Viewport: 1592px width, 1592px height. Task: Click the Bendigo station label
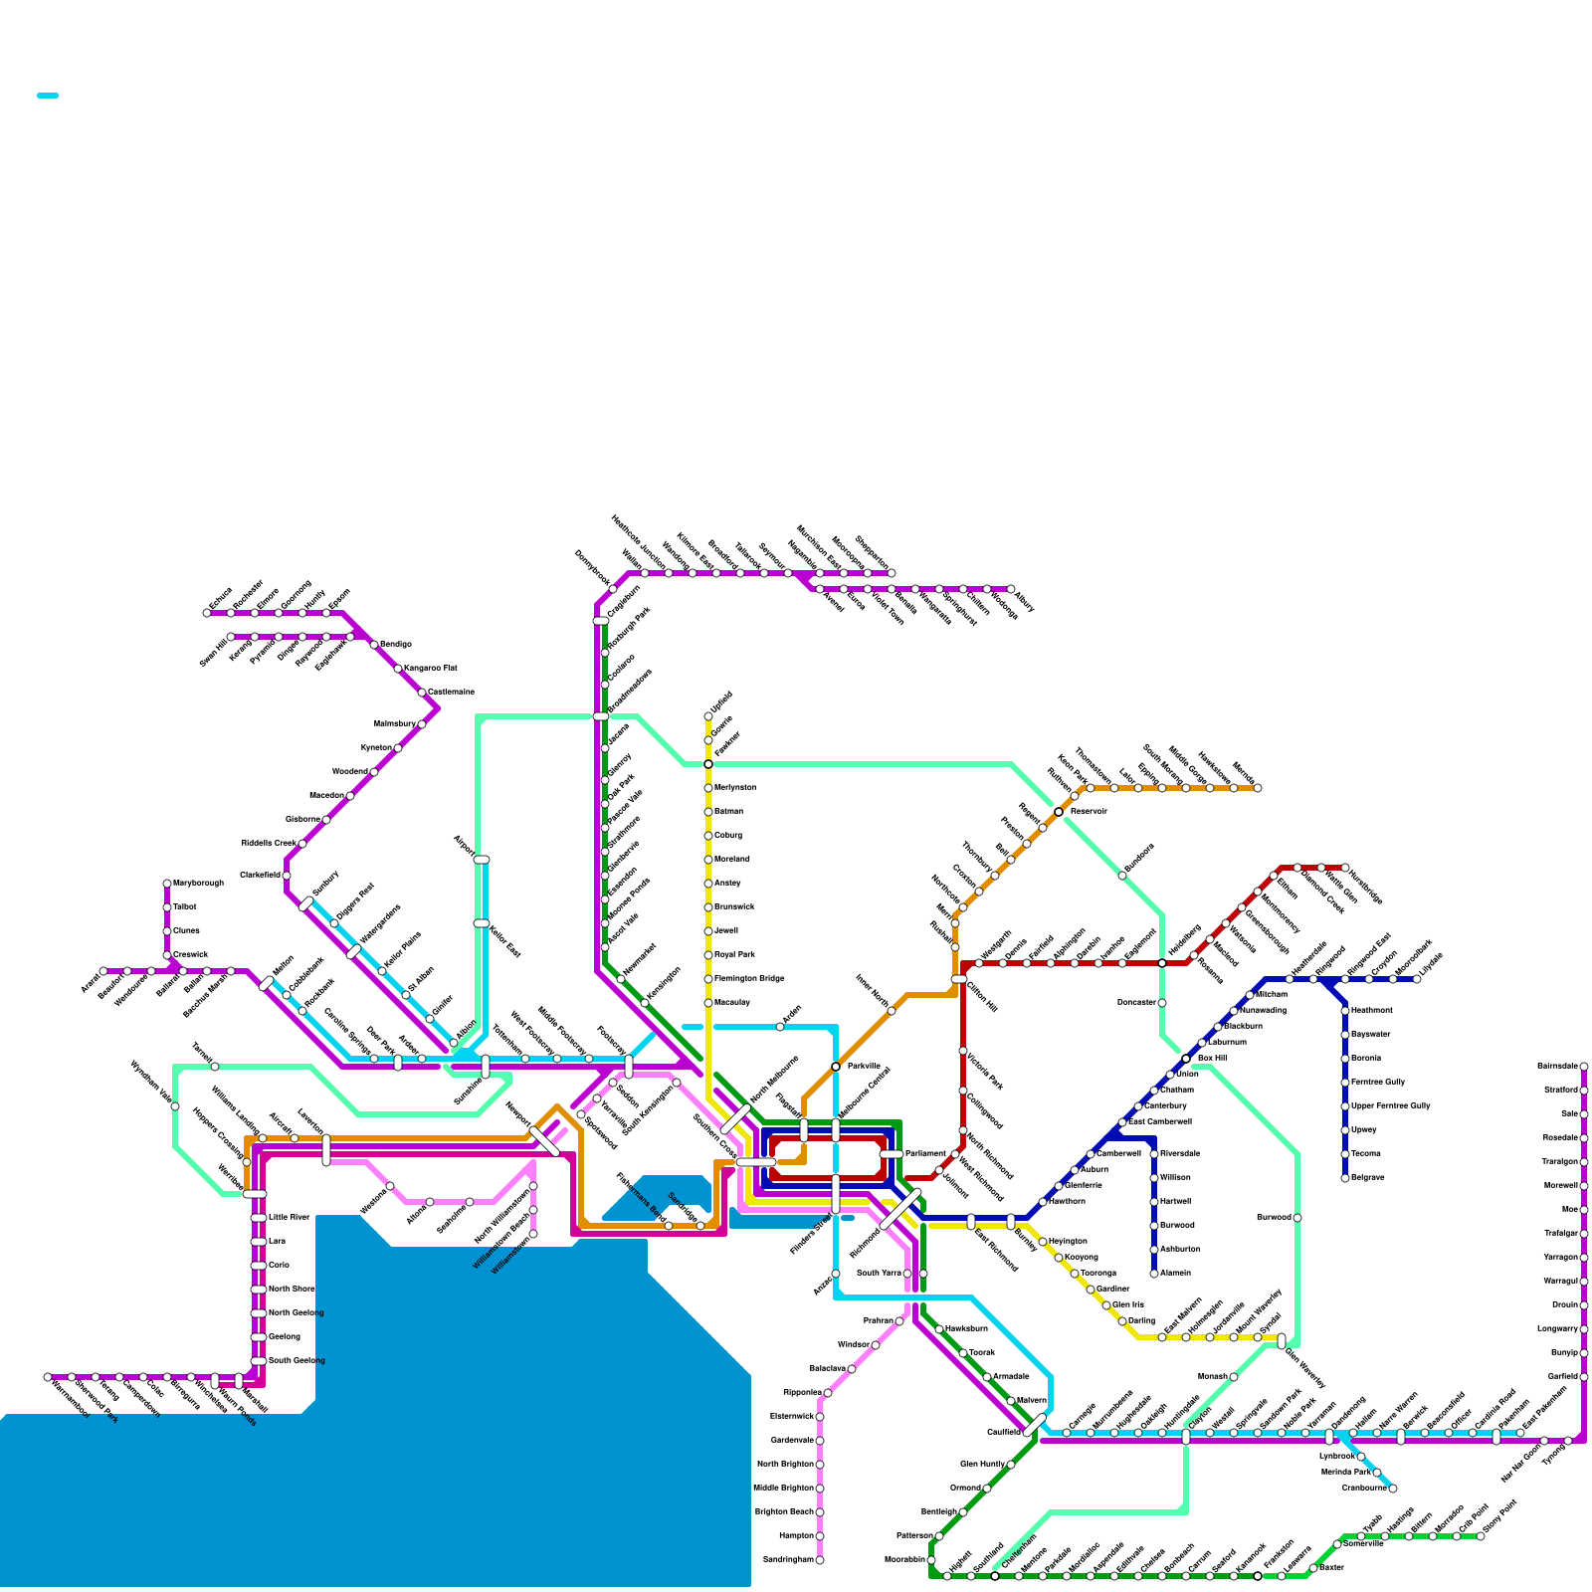(396, 645)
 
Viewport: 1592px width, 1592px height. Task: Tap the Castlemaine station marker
(422, 693)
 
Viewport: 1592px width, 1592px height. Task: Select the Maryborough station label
(198, 884)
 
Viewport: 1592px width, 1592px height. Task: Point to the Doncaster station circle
(1162, 1003)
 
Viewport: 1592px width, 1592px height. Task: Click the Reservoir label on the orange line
(1089, 812)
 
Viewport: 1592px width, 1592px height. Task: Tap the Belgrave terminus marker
(1345, 1178)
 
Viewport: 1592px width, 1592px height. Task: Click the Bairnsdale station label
(1557, 1067)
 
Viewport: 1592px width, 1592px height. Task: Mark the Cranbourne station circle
(1393, 1489)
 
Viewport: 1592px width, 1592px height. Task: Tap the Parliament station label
(925, 1154)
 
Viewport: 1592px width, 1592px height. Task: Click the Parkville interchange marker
(836, 1067)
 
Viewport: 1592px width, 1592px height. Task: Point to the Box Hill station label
(1212, 1059)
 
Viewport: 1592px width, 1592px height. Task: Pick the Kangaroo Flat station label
(431, 669)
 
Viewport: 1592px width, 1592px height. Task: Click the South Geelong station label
(298, 1361)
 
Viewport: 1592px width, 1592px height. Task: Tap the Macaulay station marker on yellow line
(708, 1003)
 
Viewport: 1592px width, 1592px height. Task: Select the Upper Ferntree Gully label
(1391, 1106)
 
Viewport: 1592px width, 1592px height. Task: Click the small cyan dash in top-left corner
(48, 96)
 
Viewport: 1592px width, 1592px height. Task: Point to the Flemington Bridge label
(749, 979)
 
